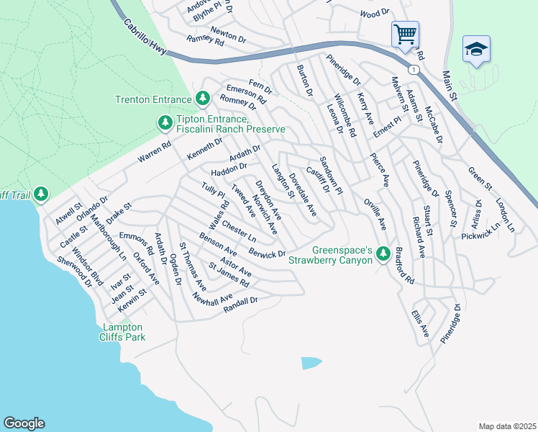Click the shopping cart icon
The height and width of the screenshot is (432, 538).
pyautogui.click(x=405, y=34)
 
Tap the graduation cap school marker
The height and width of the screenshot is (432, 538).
pyautogui.click(x=476, y=49)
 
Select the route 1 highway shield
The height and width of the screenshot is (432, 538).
pyautogui.click(x=413, y=70)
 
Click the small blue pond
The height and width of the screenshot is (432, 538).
pyautogui.click(x=309, y=363)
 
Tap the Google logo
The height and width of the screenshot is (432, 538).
pyautogui.click(x=24, y=423)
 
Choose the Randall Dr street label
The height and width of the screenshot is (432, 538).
pyautogui.click(x=241, y=304)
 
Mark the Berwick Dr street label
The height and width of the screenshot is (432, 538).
pyautogui.click(x=267, y=253)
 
